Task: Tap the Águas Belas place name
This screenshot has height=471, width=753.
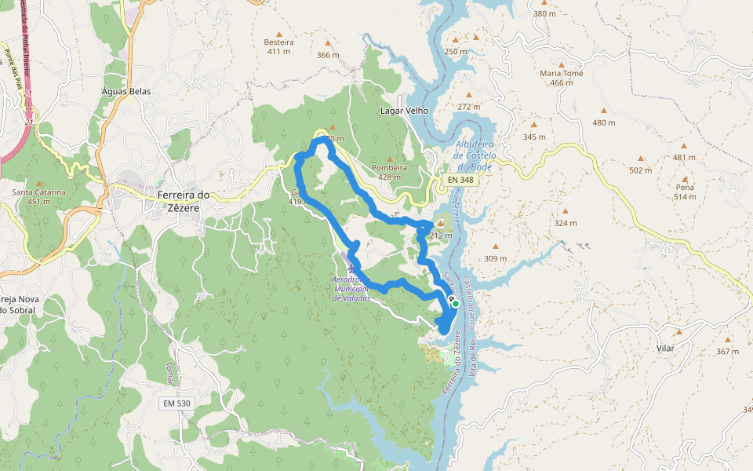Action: [x=126, y=91]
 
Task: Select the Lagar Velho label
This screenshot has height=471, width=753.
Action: [x=404, y=111]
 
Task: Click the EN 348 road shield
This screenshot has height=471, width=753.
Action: [x=460, y=181]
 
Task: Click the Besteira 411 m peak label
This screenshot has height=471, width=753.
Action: [x=278, y=47]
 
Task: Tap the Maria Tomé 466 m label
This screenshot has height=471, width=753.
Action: [x=562, y=78]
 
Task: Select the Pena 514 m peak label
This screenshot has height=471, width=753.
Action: [x=685, y=192]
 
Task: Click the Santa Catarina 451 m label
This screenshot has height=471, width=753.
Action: [x=38, y=196]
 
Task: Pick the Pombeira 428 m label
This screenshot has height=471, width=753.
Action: [x=390, y=172]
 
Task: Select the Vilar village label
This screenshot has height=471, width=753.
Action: [x=664, y=346]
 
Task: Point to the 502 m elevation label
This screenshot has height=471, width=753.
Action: [x=641, y=170]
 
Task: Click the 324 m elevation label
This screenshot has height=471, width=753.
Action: [x=566, y=223]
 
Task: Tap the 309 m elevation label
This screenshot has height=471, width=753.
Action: [x=497, y=258]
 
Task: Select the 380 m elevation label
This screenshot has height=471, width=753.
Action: [x=544, y=13]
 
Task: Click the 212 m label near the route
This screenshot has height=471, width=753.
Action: [x=442, y=234]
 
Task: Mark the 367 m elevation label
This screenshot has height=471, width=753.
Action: [x=727, y=351]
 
